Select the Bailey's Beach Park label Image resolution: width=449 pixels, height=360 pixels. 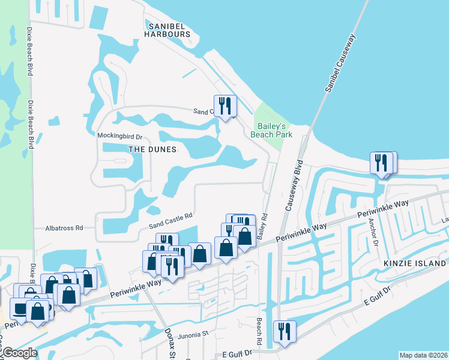[275, 130]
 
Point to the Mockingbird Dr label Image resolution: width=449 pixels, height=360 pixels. [119, 136]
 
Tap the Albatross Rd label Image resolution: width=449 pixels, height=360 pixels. [64, 228]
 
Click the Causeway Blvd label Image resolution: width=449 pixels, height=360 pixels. [292, 185]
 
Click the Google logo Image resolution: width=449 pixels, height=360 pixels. [19, 353]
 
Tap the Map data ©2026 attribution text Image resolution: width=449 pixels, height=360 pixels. [424, 355]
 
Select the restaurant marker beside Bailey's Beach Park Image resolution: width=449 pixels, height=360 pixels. [225, 106]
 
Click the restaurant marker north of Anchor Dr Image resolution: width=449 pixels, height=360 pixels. [383, 163]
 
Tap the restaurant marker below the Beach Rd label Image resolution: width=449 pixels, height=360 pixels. [284, 332]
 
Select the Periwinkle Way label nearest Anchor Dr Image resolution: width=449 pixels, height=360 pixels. [384, 210]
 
